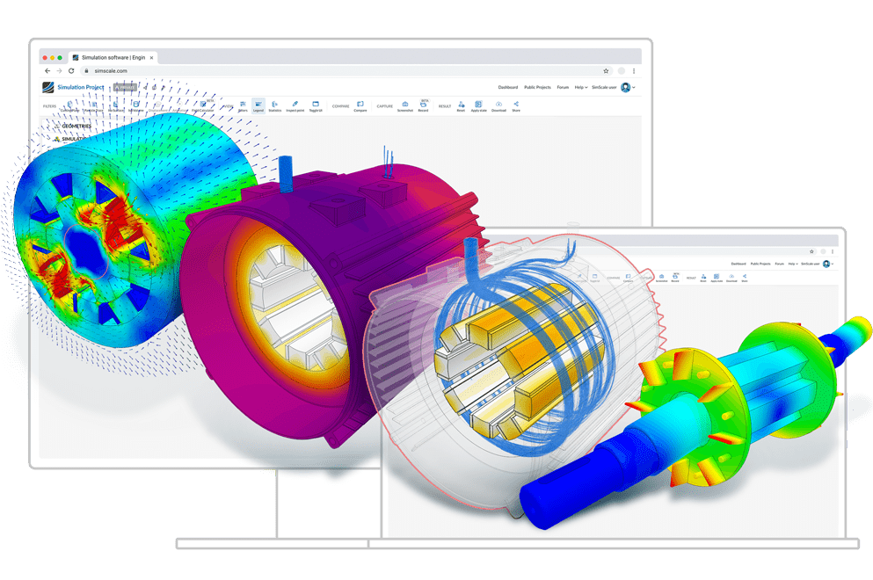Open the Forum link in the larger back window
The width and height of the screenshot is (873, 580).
[x=563, y=87]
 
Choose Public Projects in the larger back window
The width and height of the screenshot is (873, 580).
[x=537, y=87]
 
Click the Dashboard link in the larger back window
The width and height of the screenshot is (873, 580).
[x=508, y=87]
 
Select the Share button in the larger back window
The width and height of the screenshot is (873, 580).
[x=516, y=106]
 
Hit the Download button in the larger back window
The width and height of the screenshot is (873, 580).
[x=498, y=106]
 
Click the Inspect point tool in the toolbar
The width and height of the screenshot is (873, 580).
[x=295, y=106]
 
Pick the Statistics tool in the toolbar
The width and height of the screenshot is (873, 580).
[x=275, y=106]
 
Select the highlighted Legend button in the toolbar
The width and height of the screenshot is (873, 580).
[x=258, y=106]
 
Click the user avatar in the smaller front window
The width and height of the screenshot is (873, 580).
[x=826, y=264]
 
